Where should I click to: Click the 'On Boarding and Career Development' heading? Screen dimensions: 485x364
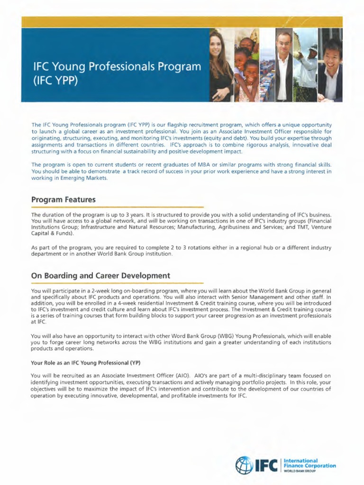(x=100, y=275)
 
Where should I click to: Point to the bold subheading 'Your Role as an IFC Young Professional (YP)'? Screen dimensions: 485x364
(x=85, y=363)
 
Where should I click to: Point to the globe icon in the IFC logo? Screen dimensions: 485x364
(x=244, y=466)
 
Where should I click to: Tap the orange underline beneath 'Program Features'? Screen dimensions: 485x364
(x=117, y=207)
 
